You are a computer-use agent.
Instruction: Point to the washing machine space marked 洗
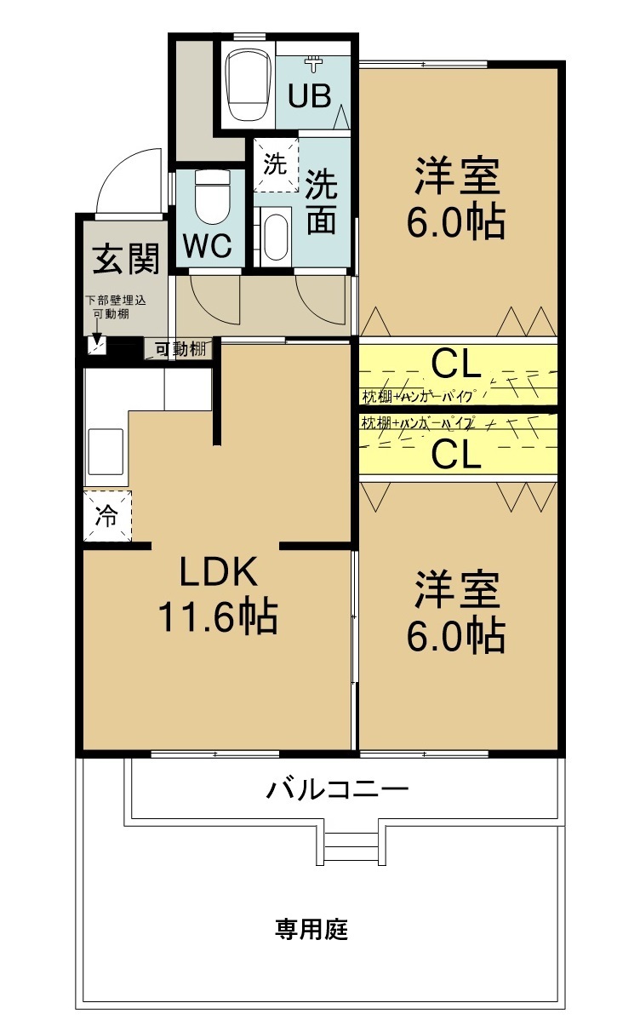pos(274,163)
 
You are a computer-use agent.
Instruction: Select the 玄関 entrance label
pos(126,259)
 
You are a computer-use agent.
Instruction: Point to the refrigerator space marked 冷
pos(107,516)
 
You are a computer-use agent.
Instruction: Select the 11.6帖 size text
pos(217,617)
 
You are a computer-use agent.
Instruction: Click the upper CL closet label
pos(457,364)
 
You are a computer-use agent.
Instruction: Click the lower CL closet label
pos(457,455)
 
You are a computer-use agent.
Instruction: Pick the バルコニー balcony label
pos(338,789)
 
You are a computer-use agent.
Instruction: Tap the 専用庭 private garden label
pos(311,929)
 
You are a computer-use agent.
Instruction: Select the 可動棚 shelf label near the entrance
pos(180,348)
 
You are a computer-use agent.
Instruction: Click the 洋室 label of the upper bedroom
pos(456,177)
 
